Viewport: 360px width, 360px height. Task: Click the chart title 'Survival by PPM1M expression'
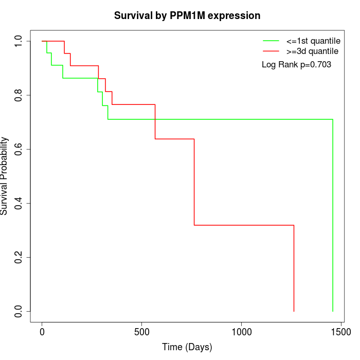[187, 15]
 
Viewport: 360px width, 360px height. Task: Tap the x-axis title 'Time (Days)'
[187, 347]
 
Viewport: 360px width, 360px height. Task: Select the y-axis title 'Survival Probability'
[5, 176]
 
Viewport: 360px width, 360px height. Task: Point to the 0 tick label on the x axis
[42, 332]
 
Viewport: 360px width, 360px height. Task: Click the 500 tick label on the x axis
[141, 332]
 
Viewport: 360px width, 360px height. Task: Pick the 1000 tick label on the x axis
[241, 332]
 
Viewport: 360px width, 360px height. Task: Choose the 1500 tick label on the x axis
[341, 332]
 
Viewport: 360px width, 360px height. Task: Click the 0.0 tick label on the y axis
[19, 311]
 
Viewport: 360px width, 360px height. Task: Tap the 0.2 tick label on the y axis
[19, 257]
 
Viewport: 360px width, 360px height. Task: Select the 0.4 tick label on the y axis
[19, 203]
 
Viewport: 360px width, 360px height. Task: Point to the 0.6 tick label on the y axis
[19, 149]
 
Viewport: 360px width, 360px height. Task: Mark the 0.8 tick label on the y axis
[19, 95]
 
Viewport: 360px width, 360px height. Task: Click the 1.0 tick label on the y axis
[19, 41]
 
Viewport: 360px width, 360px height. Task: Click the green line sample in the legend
[271, 41]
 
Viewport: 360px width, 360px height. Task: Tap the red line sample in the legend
[271, 51]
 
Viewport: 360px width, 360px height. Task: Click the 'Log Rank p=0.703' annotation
[296, 65]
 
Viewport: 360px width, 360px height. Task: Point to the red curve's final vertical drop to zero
[294, 267]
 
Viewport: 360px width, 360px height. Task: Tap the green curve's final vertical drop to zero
[333, 216]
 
